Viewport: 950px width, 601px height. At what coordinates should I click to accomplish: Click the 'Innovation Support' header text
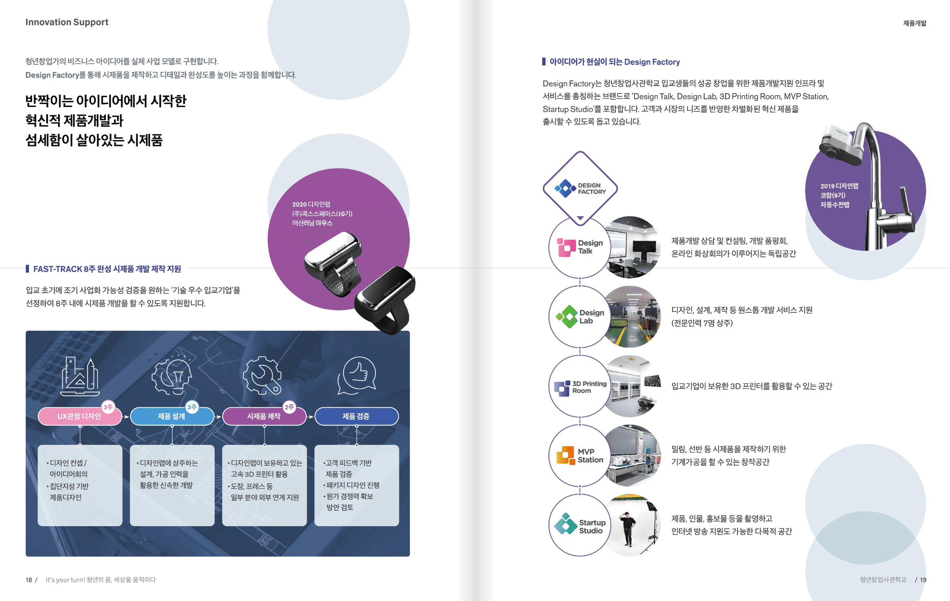click(67, 22)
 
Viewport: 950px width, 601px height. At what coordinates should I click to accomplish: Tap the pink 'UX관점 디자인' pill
click(79, 417)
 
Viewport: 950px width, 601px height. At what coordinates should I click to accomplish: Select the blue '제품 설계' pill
click(171, 417)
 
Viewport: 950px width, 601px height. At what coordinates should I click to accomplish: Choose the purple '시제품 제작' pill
click(263, 417)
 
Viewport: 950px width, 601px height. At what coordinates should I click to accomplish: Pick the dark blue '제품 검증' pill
click(356, 417)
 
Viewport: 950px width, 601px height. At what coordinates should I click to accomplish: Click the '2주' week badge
click(290, 407)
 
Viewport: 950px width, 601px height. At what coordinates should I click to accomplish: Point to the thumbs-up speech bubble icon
click(358, 375)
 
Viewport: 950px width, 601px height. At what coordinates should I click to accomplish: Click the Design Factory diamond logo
click(580, 188)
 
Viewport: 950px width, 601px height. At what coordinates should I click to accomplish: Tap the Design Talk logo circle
click(580, 247)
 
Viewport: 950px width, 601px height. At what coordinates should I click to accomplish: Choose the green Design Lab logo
click(568, 317)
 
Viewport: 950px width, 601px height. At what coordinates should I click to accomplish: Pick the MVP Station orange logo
click(566, 455)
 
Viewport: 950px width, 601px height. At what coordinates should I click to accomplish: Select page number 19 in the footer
click(923, 580)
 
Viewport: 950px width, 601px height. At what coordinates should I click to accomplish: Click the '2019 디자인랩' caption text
click(839, 186)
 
